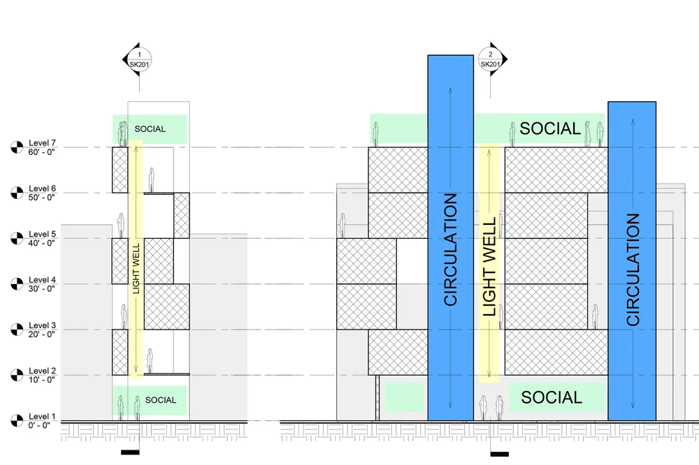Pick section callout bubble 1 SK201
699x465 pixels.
(139, 59)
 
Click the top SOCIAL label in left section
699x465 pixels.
(150, 129)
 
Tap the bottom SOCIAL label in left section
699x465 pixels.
(161, 400)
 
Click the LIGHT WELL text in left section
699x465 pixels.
(136, 267)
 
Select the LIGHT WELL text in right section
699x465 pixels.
(489, 266)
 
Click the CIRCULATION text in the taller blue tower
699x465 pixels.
(450, 249)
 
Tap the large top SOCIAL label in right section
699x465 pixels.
(550, 128)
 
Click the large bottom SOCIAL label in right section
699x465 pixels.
(552, 397)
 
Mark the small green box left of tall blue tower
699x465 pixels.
(405, 397)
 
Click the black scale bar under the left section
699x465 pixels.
(130, 452)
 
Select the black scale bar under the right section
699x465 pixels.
(499, 454)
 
